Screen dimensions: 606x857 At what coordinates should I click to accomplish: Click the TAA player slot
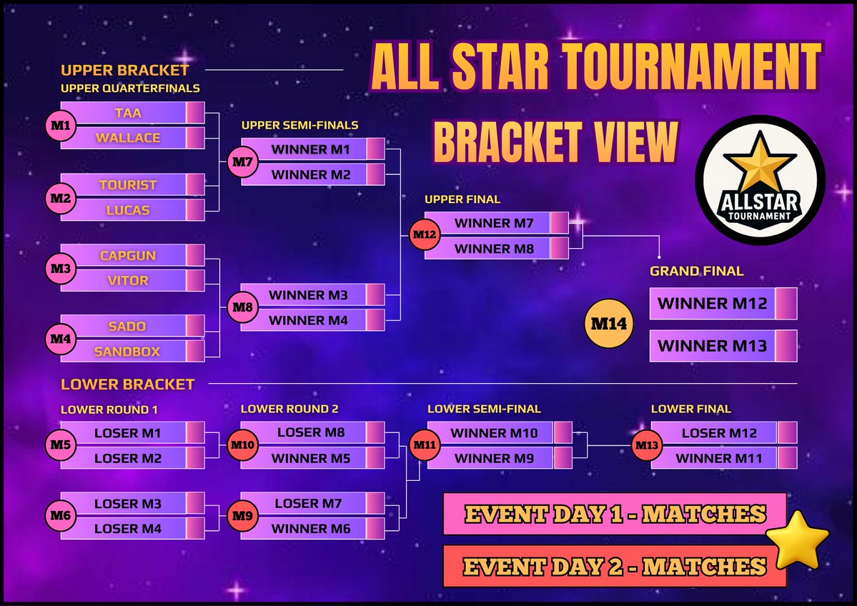pyautogui.click(x=127, y=113)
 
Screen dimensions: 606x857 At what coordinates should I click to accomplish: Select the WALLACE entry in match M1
pyautogui.click(x=127, y=138)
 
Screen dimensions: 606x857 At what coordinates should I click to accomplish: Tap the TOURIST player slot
pyautogui.click(x=127, y=184)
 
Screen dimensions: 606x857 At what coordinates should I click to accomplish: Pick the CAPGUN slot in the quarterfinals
pyautogui.click(x=127, y=255)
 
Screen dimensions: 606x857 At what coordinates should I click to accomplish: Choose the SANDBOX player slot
pyautogui.click(x=127, y=351)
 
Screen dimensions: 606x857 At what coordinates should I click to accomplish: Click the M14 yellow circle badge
pyautogui.click(x=609, y=324)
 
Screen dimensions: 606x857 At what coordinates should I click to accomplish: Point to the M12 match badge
pyautogui.click(x=422, y=234)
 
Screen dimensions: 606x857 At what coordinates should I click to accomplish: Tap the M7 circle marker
pyautogui.click(x=242, y=162)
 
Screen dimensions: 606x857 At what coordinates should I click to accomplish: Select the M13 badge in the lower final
pyautogui.click(x=647, y=446)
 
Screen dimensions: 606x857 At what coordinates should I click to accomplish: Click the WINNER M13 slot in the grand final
pyautogui.click(x=712, y=346)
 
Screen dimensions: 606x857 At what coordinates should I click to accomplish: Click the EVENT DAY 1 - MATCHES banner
pyautogui.click(x=615, y=514)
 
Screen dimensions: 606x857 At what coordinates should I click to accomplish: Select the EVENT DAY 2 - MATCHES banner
pyautogui.click(x=615, y=567)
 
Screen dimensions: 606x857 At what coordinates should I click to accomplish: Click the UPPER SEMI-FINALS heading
pyautogui.click(x=299, y=125)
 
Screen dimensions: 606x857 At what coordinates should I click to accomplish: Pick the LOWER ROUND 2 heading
pyautogui.click(x=289, y=409)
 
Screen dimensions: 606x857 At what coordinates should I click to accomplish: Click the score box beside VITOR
pyautogui.click(x=195, y=280)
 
